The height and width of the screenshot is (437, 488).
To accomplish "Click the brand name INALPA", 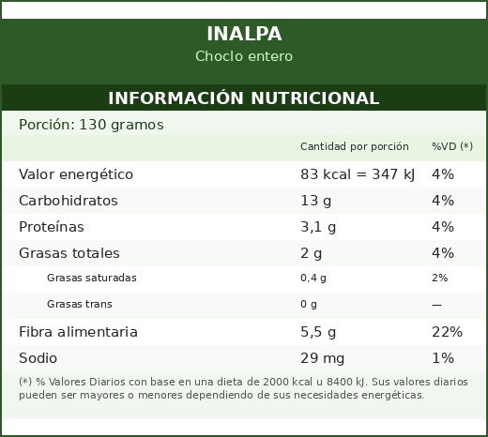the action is [244, 34].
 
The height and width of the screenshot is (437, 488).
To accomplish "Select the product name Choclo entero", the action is [244, 56].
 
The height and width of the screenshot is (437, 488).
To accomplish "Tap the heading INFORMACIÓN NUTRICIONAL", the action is [244, 98].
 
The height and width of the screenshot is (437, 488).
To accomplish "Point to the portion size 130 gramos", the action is [121, 125].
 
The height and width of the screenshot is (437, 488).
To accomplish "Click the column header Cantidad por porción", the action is [355, 146].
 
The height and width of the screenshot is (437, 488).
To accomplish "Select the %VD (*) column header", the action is [452, 146].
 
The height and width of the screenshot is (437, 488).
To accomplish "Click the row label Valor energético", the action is [76, 174].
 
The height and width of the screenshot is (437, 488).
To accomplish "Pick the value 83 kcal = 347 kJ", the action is [358, 174].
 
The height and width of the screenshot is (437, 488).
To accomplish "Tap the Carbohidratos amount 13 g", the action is [315, 201].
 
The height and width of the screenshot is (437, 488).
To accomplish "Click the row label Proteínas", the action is [52, 227].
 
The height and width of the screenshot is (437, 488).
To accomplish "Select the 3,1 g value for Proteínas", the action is [318, 227].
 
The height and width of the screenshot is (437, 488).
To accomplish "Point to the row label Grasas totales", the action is [69, 253].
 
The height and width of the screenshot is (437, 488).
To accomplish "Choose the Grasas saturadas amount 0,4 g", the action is [313, 278].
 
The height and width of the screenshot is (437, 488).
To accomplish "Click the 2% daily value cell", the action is [440, 278].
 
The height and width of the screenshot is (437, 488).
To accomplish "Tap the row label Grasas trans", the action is [80, 304].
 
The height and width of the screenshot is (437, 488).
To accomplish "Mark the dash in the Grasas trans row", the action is [436, 305].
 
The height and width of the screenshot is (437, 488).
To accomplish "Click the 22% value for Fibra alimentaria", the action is [447, 332].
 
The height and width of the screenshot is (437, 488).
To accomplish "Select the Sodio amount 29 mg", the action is [322, 358].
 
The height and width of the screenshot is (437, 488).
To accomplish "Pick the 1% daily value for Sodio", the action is [443, 358].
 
